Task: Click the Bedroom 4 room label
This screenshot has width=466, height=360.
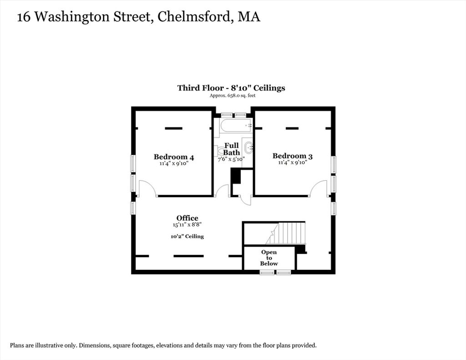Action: [x=174, y=157]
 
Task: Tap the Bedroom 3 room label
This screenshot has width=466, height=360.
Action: [x=293, y=156]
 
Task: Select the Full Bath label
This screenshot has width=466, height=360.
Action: [x=232, y=149]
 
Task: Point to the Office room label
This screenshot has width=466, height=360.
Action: [x=187, y=218]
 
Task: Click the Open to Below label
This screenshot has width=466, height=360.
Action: [x=269, y=258]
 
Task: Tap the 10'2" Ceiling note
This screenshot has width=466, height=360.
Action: [x=187, y=236]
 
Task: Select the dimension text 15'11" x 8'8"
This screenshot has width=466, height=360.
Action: [x=187, y=225]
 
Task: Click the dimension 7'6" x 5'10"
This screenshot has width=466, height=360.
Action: [x=231, y=159]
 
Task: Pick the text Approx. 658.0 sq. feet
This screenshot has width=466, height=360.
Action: [x=233, y=96]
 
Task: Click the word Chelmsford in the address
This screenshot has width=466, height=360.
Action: [x=194, y=17]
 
